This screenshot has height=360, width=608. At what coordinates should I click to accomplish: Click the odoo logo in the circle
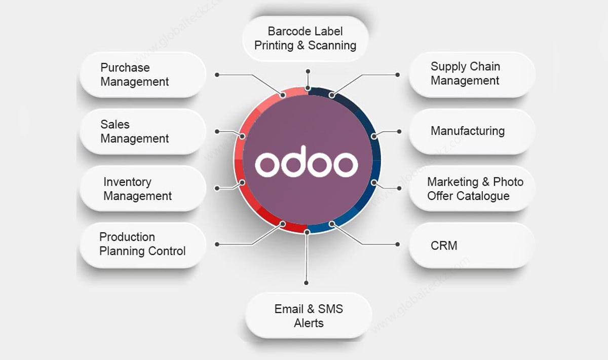307,161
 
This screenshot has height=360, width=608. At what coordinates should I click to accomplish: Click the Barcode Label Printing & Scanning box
305,39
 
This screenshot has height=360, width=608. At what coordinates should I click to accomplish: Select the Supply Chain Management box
472,74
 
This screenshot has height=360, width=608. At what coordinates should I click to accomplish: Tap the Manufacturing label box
472,131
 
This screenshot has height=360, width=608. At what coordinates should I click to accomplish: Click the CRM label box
472,245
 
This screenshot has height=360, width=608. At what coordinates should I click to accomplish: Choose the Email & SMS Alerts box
308,315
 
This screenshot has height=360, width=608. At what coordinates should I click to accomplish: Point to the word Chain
484,66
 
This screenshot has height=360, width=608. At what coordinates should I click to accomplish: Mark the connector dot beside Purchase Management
217,75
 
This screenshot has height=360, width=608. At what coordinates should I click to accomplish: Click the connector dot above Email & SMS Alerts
306,282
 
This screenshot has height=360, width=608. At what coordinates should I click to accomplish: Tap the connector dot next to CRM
398,244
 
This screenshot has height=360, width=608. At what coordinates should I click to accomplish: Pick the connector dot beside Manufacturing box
399,131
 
